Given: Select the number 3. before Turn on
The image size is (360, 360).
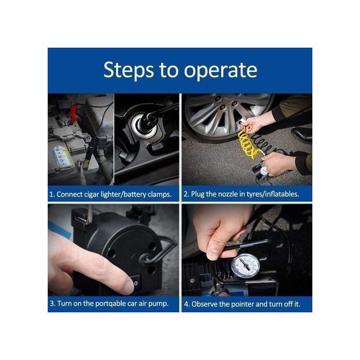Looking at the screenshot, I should coord(53,304).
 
